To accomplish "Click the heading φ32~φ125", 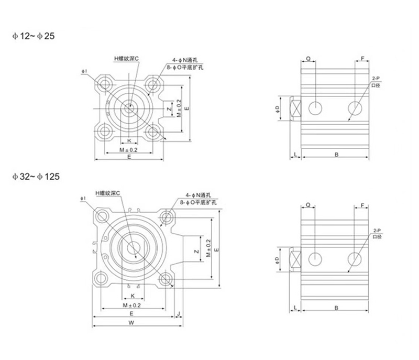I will [x=36, y=177].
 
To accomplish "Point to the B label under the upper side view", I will [x=335, y=154].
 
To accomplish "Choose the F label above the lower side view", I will [x=362, y=205].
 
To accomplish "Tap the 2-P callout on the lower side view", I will [x=377, y=230].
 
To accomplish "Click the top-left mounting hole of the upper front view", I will [x=105, y=84].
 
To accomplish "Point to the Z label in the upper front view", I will [x=168, y=109].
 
